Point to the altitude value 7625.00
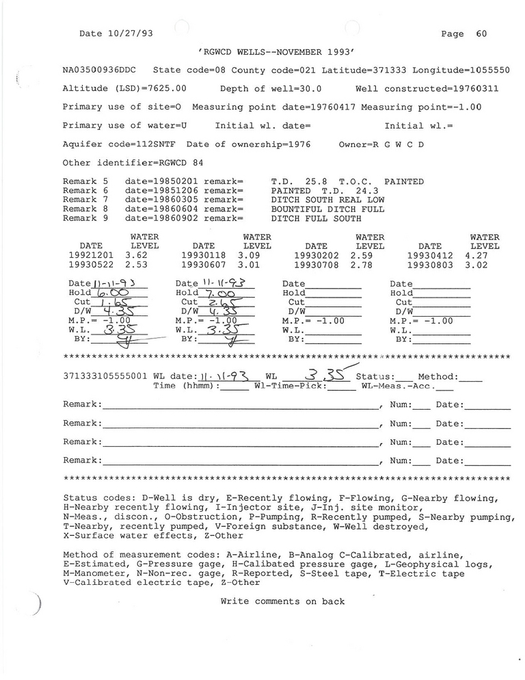(163, 89)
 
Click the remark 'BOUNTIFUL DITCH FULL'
(327, 209)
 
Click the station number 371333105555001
(105, 377)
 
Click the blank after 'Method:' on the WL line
(472, 377)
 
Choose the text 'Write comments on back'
(282, 601)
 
